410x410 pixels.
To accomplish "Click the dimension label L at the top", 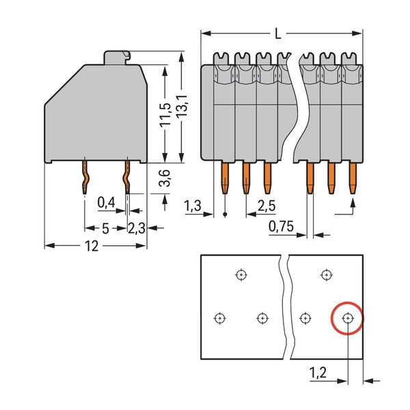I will [276, 32].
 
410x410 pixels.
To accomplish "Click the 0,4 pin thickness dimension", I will [106, 202].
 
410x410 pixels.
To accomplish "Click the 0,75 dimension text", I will [281, 226].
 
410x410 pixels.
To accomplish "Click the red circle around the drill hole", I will [347, 318].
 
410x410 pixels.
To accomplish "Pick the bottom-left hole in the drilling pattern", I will [219, 318].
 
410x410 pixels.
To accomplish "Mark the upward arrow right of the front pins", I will [353, 204].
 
